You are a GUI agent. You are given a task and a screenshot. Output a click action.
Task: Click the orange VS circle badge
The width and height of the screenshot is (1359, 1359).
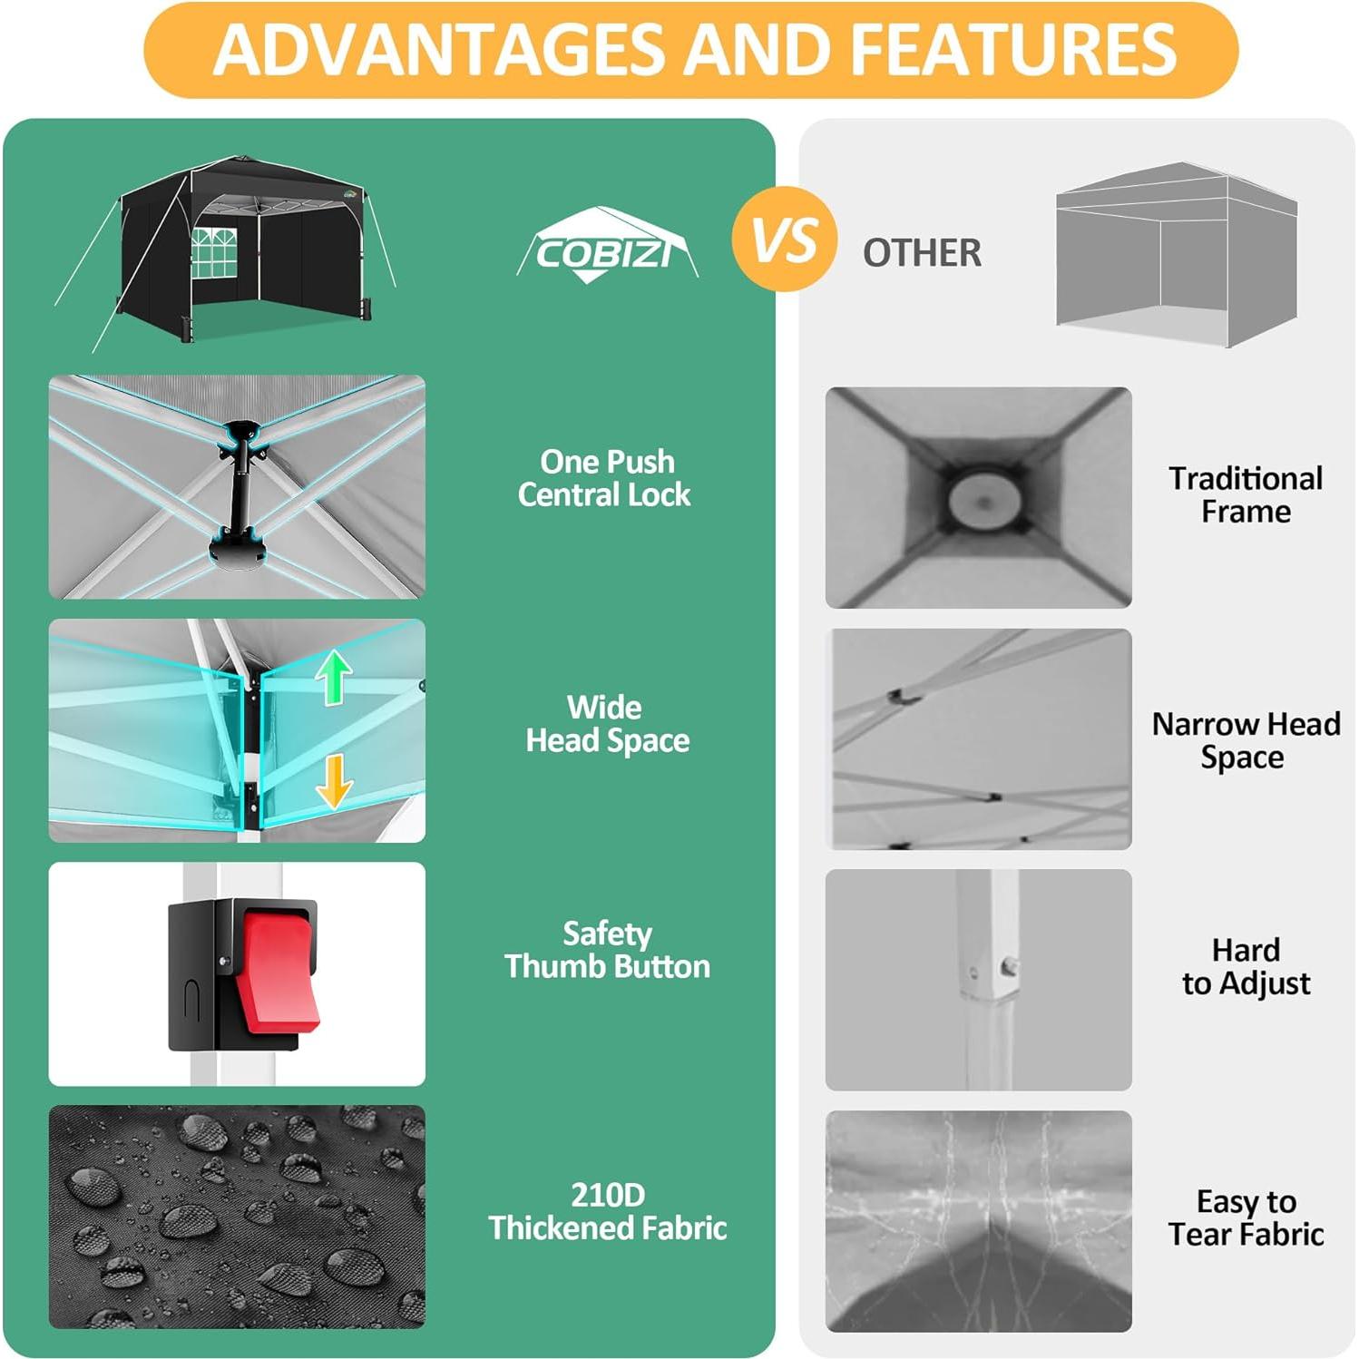click(x=784, y=240)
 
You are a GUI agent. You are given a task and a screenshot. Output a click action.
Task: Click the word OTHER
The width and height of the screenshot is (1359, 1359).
click(x=922, y=253)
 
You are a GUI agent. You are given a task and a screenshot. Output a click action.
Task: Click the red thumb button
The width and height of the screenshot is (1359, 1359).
click(x=279, y=974)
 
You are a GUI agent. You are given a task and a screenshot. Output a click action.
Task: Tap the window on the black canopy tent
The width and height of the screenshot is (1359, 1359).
click(x=214, y=251)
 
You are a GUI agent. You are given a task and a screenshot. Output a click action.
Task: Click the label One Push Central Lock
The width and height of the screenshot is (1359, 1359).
click(x=605, y=478)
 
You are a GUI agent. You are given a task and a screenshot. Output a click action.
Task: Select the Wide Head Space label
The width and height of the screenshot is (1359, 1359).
click(x=607, y=724)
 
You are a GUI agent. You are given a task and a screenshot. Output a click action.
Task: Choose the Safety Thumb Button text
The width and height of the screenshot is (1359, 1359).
click(x=607, y=950)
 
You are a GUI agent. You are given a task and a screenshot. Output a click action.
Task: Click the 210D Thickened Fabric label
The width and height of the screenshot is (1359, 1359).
click(x=607, y=1211)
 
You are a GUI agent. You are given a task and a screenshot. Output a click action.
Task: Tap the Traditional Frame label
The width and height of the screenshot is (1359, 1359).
click(x=1246, y=494)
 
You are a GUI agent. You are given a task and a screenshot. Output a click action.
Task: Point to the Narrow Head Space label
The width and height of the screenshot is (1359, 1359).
click(x=1245, y=740)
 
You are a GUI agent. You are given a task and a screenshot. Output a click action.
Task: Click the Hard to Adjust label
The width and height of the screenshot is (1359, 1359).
click(x=1246, y=966)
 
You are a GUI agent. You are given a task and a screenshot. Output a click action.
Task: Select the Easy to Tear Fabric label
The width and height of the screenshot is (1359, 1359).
click(x=1246, y=1217)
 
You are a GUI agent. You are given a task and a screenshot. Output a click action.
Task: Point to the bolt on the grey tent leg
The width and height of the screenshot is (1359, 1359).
click(x=1009, y=967)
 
